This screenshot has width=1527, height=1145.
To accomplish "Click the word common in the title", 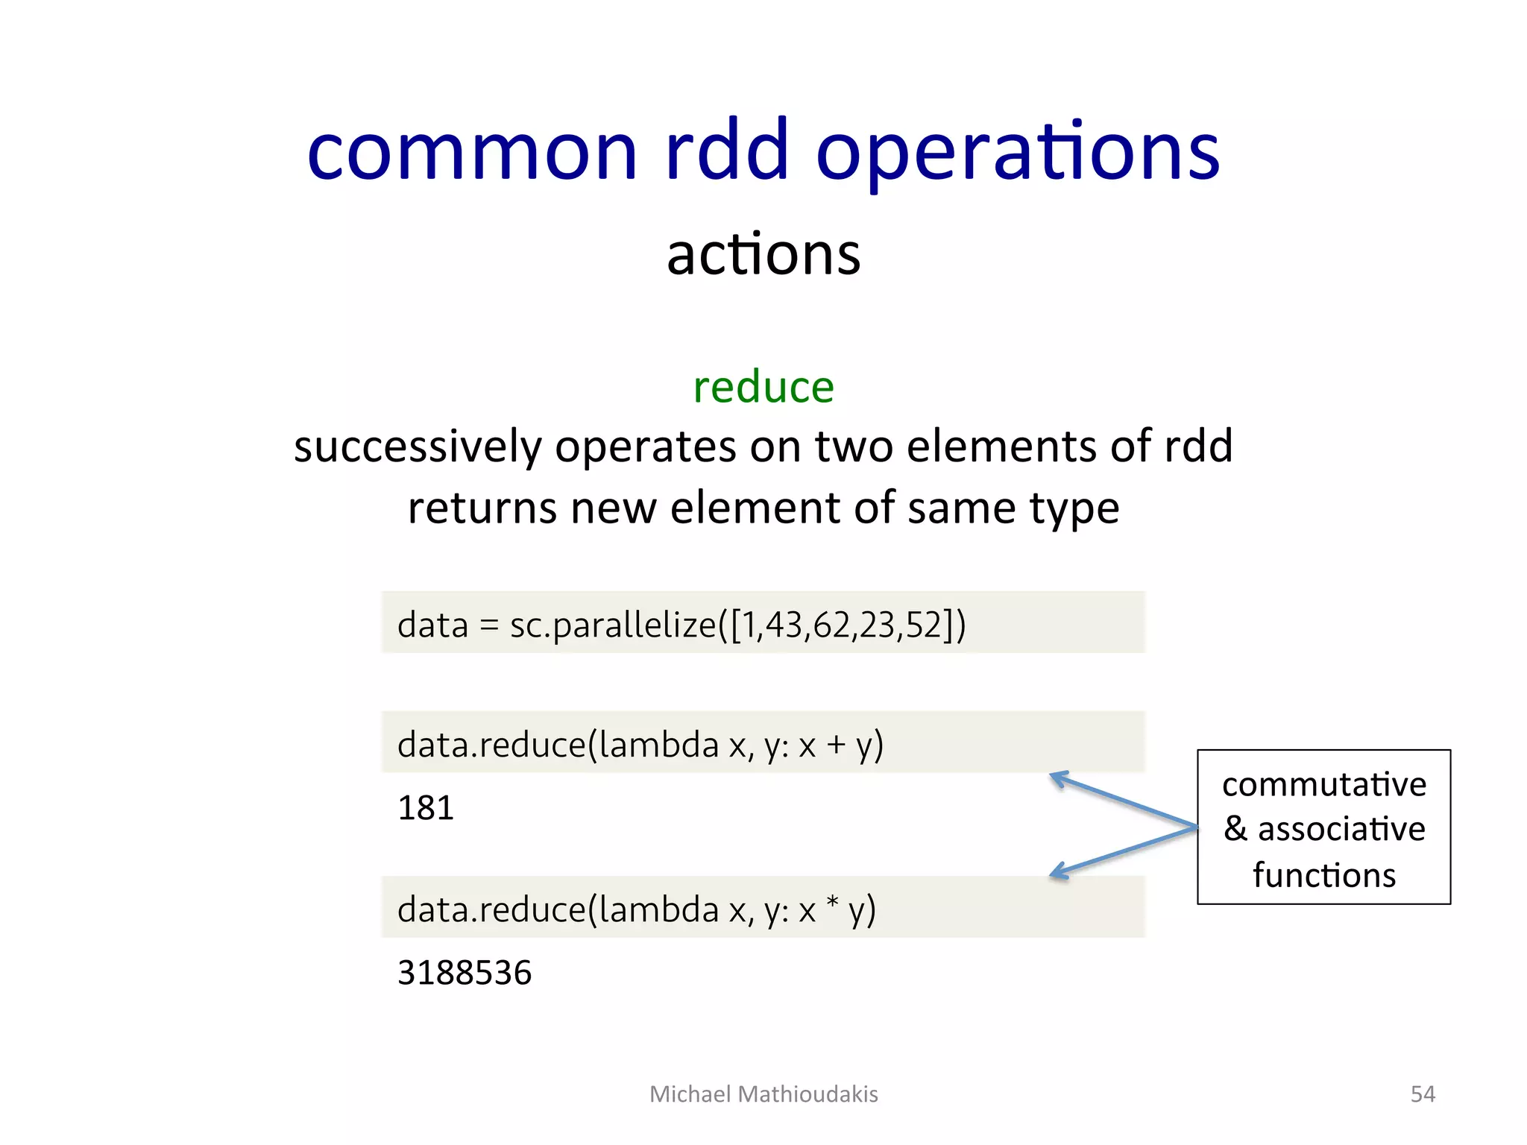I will click(472, 153).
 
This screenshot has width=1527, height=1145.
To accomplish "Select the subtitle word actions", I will click(763, 255).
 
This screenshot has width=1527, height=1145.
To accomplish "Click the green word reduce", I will click(763, 388).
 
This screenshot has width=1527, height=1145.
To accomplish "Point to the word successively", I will click(418, 447).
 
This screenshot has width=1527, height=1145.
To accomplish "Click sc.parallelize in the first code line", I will click(612, 625).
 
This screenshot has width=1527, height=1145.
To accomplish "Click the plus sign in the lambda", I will click(836, 745).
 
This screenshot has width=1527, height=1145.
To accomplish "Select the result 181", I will click(426, 808).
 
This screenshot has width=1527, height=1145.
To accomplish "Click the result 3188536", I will click(465, 973).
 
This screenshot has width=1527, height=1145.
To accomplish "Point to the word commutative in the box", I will click(1324, 785).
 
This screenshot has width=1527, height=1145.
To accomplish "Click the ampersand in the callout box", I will click(1235, 829).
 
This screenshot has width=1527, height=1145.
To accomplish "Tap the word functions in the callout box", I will click(1324, 875).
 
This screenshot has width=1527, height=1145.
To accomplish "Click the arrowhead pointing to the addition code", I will click(1058, 778).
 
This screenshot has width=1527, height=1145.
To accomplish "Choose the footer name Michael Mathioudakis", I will click(763, 1094).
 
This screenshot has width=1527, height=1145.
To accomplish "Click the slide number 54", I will click(1423, 1094).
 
